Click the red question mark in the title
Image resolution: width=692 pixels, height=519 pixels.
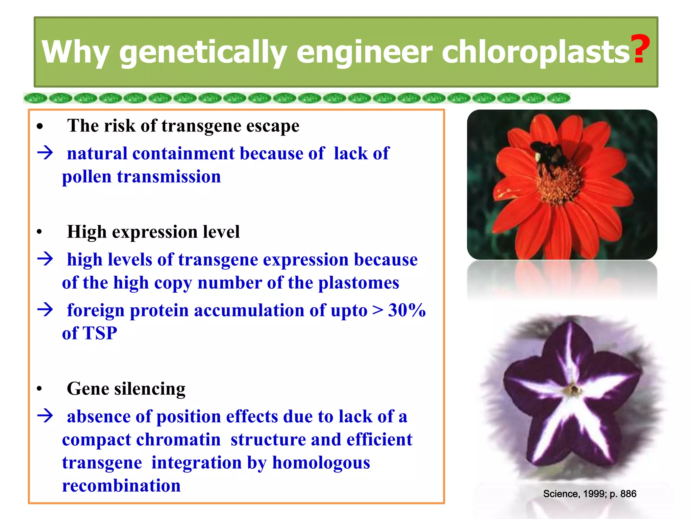point(641,49)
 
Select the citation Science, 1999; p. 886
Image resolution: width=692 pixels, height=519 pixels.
point(589,494)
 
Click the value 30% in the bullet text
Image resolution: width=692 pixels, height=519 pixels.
point(407,310)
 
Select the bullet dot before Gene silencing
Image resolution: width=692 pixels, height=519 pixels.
point(40,389)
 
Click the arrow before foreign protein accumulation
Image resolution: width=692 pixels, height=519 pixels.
point(45,310)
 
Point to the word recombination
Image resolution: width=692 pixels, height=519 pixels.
point(121,486)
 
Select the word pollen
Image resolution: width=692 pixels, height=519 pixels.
point(86,177)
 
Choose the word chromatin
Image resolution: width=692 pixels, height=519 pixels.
point(178,440)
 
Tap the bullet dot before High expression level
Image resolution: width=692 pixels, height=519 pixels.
point(40,232)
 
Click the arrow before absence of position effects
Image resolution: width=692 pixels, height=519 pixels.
point(45,416)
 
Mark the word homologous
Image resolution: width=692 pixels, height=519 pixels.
point(321,463)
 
